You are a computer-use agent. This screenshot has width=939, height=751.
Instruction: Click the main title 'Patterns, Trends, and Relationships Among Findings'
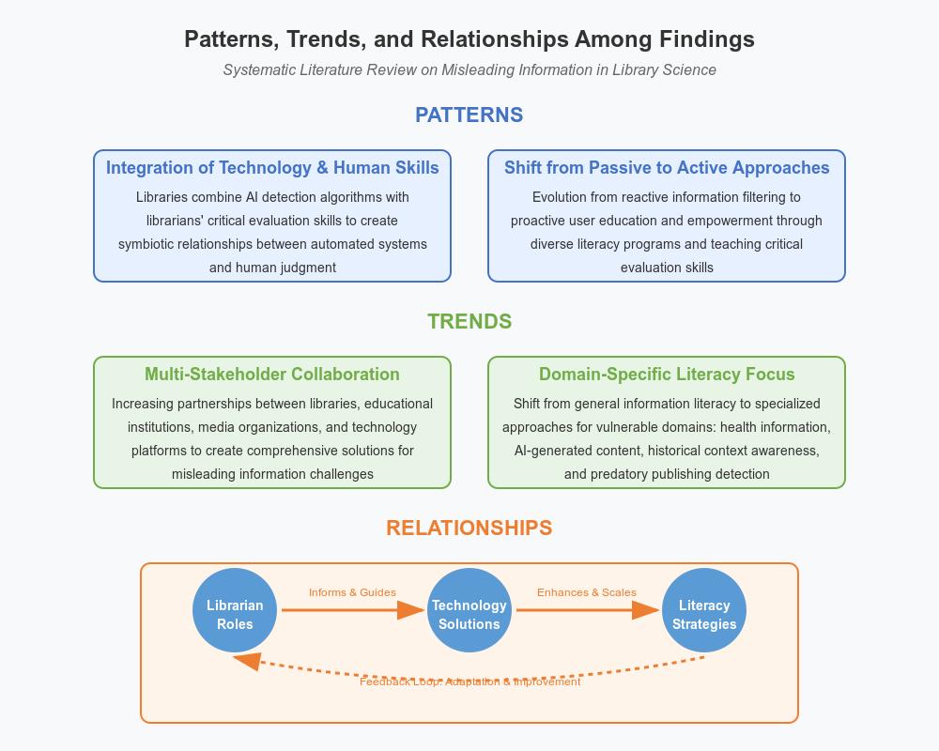pos(469,39)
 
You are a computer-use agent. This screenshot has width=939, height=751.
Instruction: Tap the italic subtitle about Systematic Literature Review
pos(469,70)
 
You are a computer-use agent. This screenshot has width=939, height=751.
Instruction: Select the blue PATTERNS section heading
pos(469,115)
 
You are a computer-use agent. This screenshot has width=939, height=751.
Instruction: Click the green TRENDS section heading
pos(469,321)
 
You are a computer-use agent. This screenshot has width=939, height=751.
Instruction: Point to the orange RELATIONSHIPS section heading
pos(469,528)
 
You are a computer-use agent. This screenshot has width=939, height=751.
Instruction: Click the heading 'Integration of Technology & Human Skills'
pos(272,168)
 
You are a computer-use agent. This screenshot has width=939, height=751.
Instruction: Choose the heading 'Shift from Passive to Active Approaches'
pos(667,168)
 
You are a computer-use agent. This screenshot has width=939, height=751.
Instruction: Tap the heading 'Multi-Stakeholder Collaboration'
pos(272,375)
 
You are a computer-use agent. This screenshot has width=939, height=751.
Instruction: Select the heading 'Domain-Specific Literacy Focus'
pos(667,375)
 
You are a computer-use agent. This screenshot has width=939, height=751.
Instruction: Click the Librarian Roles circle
pos(235,610)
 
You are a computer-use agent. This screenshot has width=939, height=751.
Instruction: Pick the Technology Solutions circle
pos(469,610)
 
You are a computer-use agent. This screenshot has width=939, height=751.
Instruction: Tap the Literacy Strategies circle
pos(704,610)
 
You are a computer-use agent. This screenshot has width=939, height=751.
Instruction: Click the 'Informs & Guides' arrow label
pos(352,592)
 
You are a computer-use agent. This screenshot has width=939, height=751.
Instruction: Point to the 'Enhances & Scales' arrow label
pos(587,592)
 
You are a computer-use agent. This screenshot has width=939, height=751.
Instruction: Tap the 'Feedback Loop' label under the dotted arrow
pos(469,682)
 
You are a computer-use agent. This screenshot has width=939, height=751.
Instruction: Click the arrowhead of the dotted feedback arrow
pos(246,661)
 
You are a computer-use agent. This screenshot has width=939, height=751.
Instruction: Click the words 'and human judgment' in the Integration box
pos(272,268)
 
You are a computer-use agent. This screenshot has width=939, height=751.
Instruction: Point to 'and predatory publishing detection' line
pos(667,474)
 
